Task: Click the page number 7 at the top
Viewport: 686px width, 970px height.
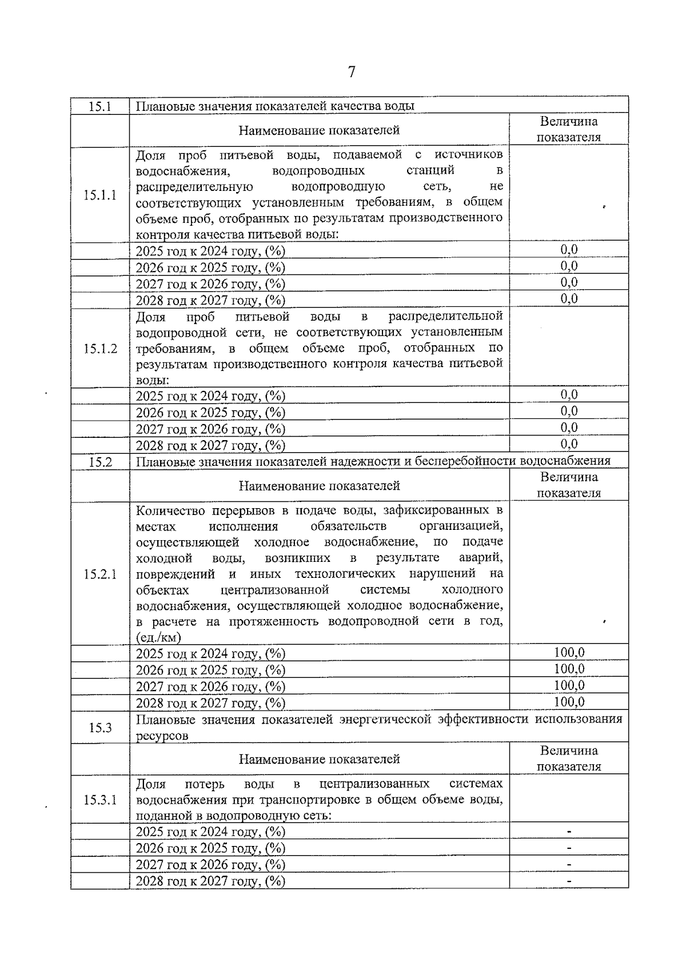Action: (x=352, y=72)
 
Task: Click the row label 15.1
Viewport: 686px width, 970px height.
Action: (x=99, y=106)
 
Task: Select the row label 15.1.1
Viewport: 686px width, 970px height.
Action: (x=100, y=195)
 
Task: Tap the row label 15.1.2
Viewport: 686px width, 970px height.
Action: (x=100, y=349)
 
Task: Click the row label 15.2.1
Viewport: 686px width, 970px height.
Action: (x=100, y=574)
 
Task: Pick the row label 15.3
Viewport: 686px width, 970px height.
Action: (x=100, y=728)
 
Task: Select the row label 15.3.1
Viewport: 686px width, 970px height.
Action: (x=100, y=800)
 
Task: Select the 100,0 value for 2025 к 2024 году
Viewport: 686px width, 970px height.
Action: (x=569, y=653)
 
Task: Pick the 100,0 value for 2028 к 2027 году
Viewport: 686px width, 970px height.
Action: (x=569, y=702)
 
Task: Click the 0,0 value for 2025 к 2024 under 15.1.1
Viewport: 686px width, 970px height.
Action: (x=569, y=249)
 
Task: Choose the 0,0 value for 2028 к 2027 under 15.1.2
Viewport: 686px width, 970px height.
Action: (x=569, y=444)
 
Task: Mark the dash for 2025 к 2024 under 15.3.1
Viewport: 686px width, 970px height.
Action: (x=569, y=832)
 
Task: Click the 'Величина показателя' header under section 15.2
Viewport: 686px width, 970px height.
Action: (x=569, y=485)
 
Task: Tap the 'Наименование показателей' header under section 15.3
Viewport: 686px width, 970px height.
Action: (x=319, y=759)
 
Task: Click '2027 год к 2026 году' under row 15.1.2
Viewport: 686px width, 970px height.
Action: (x=210, y=429)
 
